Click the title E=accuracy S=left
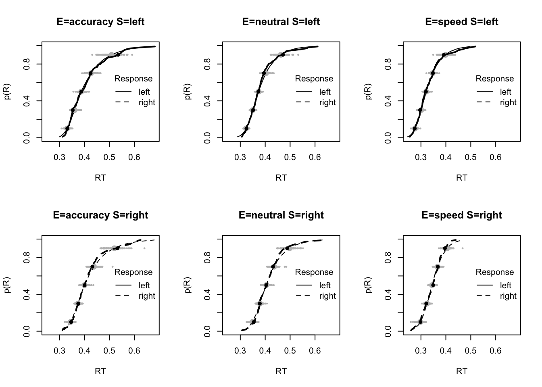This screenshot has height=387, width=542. pos(100,22)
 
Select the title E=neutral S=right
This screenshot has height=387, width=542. pos(281,215)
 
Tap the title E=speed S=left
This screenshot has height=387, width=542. pos(462,22)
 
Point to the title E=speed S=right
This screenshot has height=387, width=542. pos(462,215)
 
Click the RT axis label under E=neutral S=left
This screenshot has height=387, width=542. pos(281,177)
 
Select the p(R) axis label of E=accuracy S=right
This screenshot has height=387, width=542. pos(8,285)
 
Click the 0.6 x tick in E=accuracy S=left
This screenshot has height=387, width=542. pos(134,157)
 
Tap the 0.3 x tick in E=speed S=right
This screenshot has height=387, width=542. pos(421,350)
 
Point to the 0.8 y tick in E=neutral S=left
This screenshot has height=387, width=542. pos(208,64)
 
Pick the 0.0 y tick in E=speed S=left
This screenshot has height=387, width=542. pos(388,138)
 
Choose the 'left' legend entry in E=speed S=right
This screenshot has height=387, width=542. pos(506,285)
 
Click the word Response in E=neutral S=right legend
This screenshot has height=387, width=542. pos(314,272)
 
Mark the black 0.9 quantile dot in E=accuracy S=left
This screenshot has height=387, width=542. pos(118,54)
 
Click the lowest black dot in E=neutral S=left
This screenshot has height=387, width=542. pos(246,128)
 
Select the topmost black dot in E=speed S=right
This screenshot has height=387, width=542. pos(445,248)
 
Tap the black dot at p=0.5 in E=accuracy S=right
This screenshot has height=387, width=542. pos(85,285)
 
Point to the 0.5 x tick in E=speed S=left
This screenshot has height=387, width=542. pos(471,157)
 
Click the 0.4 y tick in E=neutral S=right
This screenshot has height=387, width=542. pos(208,294)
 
